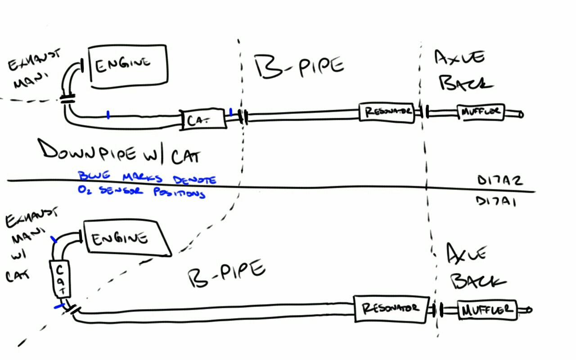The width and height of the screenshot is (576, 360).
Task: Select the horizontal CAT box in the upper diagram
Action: pos(202,120)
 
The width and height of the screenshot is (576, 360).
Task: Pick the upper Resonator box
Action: pos(386,112)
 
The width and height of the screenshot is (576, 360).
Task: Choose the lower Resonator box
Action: pos(390,309)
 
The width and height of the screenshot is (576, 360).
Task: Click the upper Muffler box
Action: pos(481,112)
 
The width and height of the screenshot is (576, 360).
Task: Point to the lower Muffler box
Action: pos(487,310)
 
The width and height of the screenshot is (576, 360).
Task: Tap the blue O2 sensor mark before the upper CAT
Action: pos(108,115)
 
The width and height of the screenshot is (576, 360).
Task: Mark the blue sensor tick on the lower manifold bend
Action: pos(54,240)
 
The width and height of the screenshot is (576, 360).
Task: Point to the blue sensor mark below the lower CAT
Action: pos(58,306)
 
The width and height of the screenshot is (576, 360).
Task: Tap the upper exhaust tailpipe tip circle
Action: pos(521,115)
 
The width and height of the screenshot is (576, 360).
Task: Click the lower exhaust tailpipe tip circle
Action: pos(530,310)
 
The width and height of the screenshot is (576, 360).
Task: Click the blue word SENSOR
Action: pos(115,191)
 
